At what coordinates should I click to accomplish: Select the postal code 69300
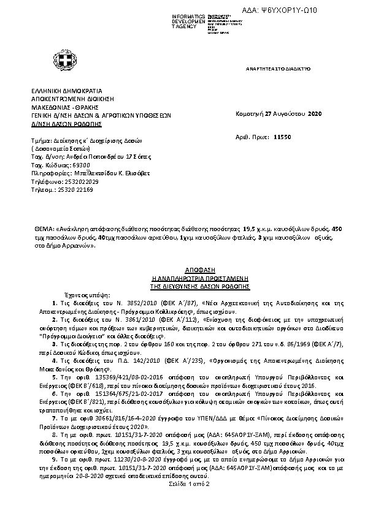[x=73, y=165]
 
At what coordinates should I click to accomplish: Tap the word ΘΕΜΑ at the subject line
[x=44, y=228]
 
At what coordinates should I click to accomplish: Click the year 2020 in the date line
[x=313, y=114]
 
